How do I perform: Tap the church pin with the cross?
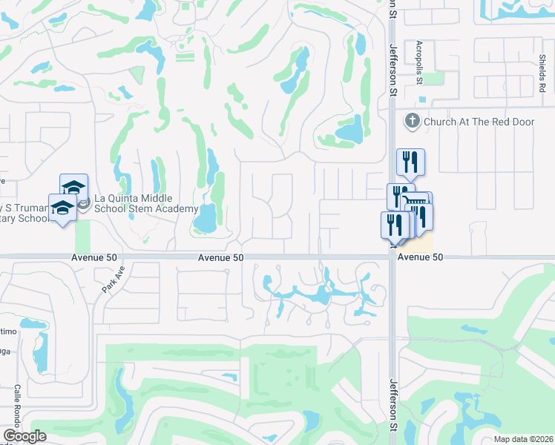tap(411, 120)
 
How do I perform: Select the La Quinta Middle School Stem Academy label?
tap(134, 203)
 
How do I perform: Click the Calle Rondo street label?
tap(16, 405)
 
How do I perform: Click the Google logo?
tap(24, 435)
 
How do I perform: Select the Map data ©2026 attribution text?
tap(523, 439)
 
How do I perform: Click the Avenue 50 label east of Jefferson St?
tap(420, 257)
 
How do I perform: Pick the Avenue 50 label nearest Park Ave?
tap(220, 257)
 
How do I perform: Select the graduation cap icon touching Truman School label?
tap(63, 208)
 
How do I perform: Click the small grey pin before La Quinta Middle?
tap(85, 202)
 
